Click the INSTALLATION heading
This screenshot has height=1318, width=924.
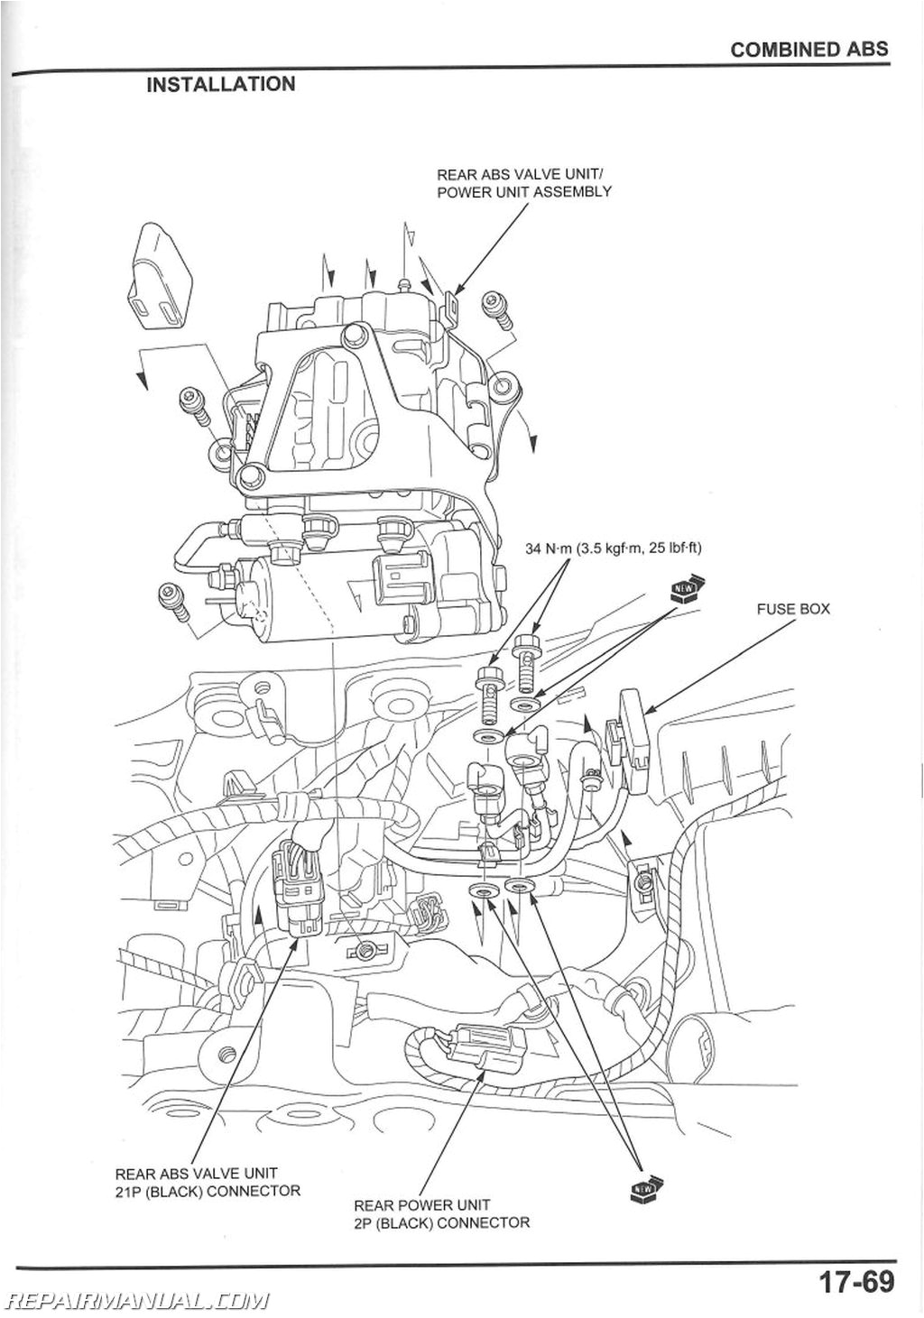point(220,84)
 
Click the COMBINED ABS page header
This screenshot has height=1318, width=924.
point(808,50)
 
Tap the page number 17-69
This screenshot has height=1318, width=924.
point(855,1281)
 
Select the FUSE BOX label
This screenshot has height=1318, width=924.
point(792,609)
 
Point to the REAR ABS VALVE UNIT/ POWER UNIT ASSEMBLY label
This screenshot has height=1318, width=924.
point(523,183)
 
